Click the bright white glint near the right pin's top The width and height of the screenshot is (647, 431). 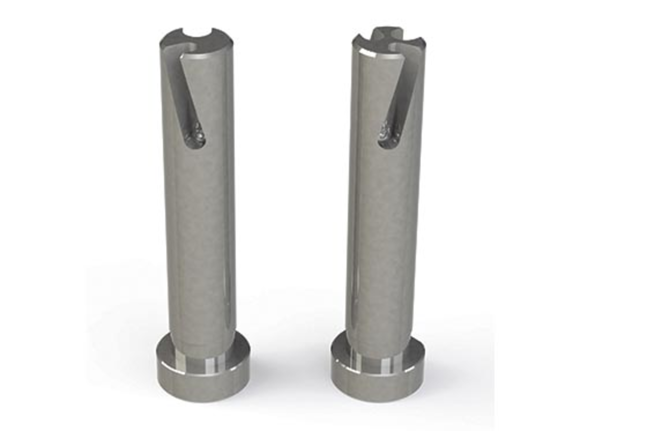point(371,54)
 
